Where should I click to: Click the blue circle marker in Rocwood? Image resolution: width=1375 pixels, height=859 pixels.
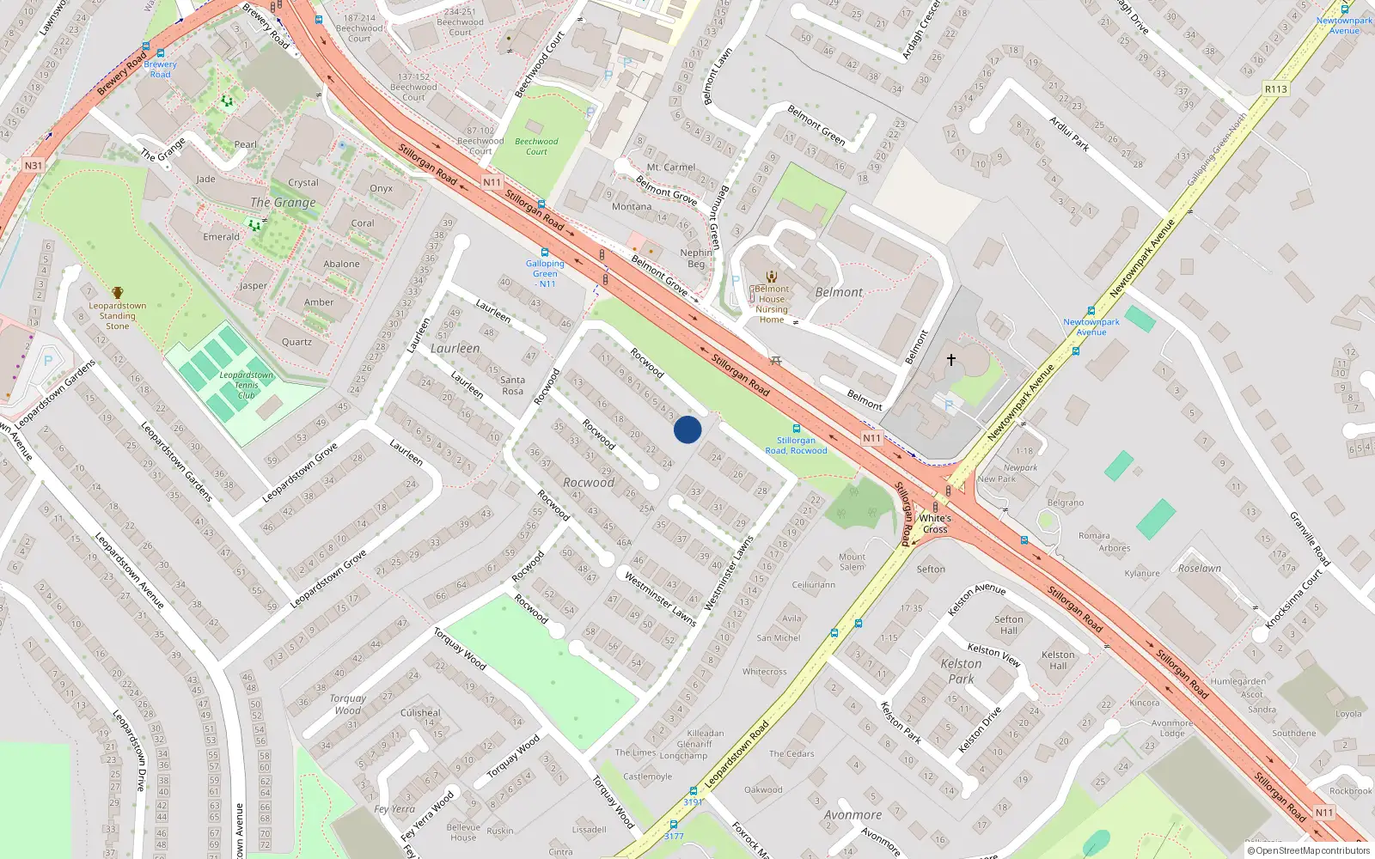click(687, 429)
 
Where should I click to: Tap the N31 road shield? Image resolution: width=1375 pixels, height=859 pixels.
click(33, 165)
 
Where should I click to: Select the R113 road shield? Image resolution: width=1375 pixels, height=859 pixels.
click(1276, 89)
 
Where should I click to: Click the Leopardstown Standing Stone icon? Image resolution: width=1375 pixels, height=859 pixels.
click(118, 294)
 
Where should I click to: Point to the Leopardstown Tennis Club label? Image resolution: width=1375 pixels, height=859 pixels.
click(246, 385)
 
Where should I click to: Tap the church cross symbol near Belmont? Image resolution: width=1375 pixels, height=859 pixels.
click(951, 360)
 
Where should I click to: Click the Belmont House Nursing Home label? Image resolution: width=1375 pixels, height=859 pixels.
click(772, 304)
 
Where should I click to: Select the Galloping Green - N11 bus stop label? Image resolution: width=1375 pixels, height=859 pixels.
click(545, 273)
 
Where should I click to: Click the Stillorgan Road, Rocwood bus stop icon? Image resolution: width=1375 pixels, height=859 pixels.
click(796, 428)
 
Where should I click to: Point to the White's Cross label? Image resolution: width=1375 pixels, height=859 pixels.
click(935, 523)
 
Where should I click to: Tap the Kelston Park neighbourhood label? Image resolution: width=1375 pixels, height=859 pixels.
click(961, 671)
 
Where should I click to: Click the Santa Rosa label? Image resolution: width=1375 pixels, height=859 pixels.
click(512, 385)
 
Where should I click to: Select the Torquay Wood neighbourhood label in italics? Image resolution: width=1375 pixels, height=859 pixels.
click(347, 704)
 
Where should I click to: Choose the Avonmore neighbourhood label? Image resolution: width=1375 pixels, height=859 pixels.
click(852, 814)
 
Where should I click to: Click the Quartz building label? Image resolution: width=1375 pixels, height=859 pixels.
click(296, 342)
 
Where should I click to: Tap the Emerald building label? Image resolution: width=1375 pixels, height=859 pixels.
click(222, 237)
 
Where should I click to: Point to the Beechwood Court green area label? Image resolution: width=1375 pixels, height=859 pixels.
click(536, 146)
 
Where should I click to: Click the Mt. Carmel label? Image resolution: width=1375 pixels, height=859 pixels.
click(671, 168)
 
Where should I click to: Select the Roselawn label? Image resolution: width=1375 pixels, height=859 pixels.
click(1200, 569)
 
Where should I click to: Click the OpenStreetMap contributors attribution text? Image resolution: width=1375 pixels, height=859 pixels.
click(1308, 850)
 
